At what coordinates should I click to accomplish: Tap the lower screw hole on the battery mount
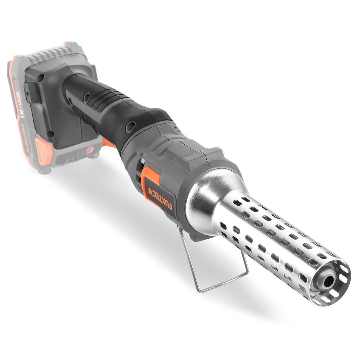(x=53, y=133)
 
